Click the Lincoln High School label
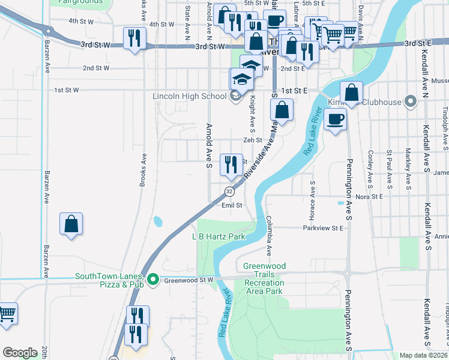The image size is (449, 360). point(189,96)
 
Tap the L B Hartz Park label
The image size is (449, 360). point(218,237)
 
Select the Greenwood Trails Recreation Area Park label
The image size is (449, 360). point(265,278)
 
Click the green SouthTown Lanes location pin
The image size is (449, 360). point(153,280)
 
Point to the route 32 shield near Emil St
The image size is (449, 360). point(229,191)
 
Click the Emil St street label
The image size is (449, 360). point(232,205)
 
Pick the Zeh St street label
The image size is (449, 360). point(253,140)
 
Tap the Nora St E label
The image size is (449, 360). point(369,196)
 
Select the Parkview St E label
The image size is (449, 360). point(322,228)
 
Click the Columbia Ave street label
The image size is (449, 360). point(270,235)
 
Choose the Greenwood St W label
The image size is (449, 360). point(188,280)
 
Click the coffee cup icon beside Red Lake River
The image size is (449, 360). point(336,118)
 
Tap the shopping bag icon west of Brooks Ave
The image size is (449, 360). point(71,224)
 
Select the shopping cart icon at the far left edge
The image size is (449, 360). point(6,313)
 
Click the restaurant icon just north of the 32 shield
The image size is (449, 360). point(231,164)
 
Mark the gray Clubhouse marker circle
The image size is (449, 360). point(411,101)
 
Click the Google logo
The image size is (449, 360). point(20,353)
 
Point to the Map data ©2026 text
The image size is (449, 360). point(424,355)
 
